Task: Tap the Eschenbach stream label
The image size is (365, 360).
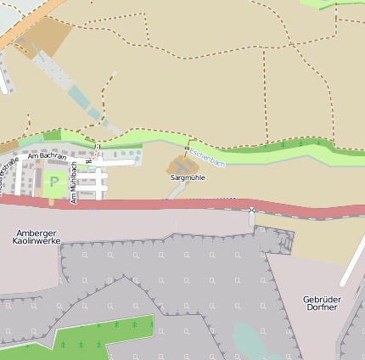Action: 208,156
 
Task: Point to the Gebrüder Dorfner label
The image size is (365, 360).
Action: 320,303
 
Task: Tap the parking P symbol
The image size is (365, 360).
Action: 55,182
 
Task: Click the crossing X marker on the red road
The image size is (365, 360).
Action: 251,209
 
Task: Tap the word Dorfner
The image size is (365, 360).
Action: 320,307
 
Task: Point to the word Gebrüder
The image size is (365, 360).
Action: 320,299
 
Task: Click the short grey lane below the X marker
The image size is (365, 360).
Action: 251,219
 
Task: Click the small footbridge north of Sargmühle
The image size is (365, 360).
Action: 187,149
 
